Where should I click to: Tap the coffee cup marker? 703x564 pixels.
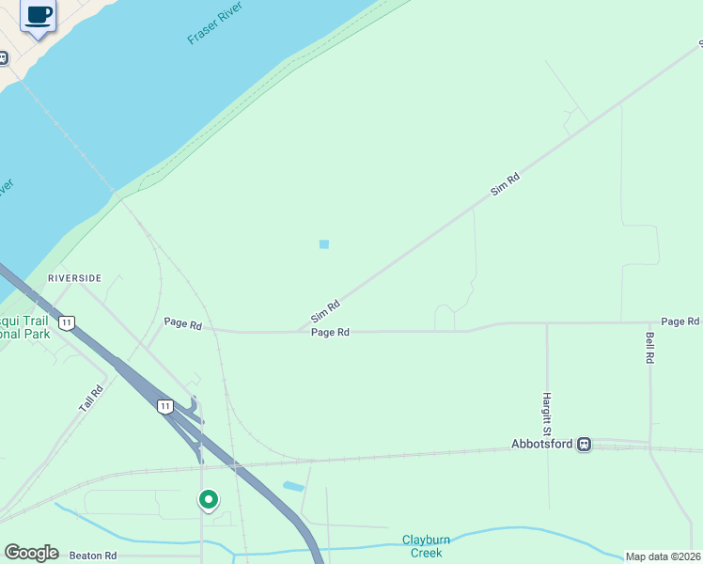pyautogui.click(x=39, y=16)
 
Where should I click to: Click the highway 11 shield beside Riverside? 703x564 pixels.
pyautogui.click(x=66, y=322)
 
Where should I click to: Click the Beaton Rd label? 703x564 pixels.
pyautogui.click(x=92, y=556)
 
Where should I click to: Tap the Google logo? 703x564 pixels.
pyautogui.click(x=31, y=553)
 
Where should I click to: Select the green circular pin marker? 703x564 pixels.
pyautogui.click(x=209, y=499)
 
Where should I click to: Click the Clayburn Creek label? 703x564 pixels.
pyautogui.click(x=422, y=545)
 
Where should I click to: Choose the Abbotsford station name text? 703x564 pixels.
pyautogui.click(x=542, y=444)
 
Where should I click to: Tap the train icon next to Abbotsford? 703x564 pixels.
pyautogui.click(x=585, y=444)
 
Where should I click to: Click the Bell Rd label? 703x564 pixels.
pyautogui.click(x=649, y=347)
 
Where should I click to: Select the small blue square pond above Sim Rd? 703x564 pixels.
pyautogui.click(x=324, y=244)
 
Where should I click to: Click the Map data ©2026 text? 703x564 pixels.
pyautogui.click(x=663, y=556)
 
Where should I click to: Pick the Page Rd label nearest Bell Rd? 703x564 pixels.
pyautogui.click(x=680, y=321)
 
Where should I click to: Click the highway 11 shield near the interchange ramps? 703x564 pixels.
pyautogui.click(x=165, y=406)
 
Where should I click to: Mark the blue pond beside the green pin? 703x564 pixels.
pyautogui.click(x=293, y=487)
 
